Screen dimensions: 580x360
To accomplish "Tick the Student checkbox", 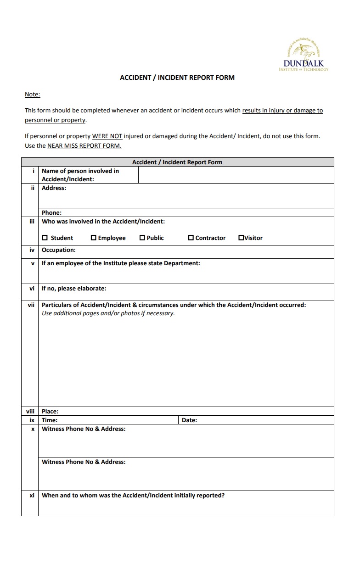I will [x=45, y=238].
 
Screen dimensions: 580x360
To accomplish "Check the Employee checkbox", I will [x=94, y=238].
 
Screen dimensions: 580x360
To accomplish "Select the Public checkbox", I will [x=142, y=238].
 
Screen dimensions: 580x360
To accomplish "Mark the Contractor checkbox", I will [x=191, y=238].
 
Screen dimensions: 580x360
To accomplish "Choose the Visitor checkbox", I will [x=241, y=238].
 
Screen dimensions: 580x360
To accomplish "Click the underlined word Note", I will [x=32, y=95].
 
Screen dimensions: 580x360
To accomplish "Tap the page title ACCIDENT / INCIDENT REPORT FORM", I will [x=177, y=78].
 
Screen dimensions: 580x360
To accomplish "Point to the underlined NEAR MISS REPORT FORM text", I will [x=84, y=146].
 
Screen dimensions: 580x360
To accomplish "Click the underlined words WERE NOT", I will [x=107, y=136].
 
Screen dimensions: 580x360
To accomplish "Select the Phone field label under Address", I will [x=51, y=212].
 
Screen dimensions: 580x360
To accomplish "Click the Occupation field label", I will [x=58, y=250].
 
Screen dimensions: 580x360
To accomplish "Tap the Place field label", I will [x=50, y=411].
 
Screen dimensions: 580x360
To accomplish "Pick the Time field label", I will [x=49, y=420].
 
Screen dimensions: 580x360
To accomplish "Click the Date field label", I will [x=189, y=420].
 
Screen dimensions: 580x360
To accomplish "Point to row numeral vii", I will [x=31, y=305].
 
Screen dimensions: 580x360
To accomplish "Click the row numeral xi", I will [x=32, y=496].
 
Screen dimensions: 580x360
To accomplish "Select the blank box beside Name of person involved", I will [x=236, y=175].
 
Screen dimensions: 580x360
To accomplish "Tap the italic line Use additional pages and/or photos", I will [x=108, y=313].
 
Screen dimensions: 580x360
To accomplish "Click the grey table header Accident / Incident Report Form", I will [x=177, y=162].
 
